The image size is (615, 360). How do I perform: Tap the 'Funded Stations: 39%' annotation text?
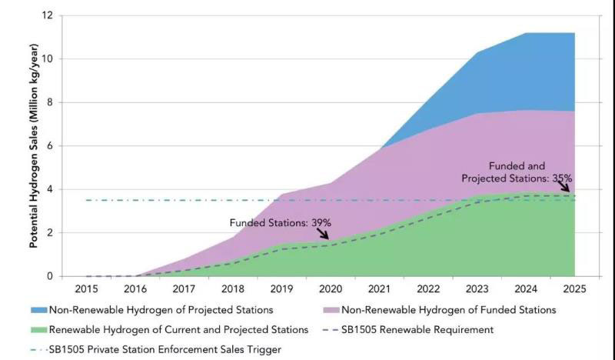tap(280, 222)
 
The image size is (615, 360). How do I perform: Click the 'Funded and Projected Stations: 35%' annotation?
tap(517, 172)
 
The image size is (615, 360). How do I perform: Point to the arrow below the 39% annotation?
tap(322, 233)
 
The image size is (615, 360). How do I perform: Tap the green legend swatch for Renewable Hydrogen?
tap(38, 330)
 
